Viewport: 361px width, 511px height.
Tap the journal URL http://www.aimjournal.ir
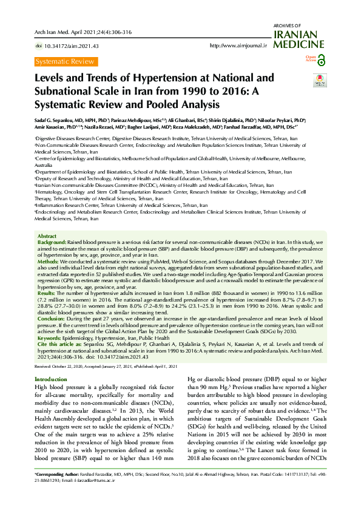(238, 46)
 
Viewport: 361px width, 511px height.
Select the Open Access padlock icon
(322, 59)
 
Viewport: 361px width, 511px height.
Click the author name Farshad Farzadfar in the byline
(245, 127)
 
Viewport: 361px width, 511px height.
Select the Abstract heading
(47, 235)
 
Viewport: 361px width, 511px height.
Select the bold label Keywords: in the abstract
(52, 338)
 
